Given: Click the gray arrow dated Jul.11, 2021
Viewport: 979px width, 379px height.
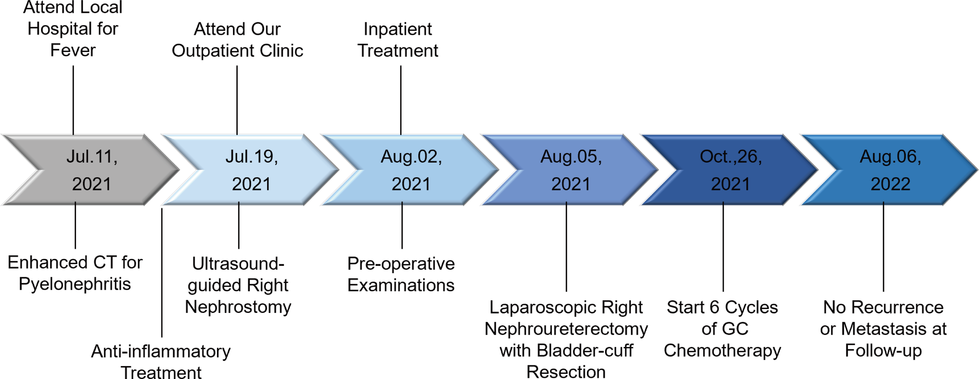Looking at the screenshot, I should pyautogui.click(x=92, y=170).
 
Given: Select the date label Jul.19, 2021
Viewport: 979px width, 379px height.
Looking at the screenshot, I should pyautogui.click(x=251, y=170).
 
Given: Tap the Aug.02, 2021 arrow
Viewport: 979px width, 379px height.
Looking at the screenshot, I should pyautogui.click(x=411, y=170).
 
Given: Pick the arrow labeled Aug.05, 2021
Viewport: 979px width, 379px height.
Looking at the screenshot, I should pyautogui.click(x=571, y=170).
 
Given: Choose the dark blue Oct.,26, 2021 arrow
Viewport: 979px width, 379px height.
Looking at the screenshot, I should pyautogui.click(x=730, y=170).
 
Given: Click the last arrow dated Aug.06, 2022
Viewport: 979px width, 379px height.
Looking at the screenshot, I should pyautogui.click(x=890, y=170).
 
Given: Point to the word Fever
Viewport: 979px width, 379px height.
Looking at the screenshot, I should pyautogui.click(x=73, y=50).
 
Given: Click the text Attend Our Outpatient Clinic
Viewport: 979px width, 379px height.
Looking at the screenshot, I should pyautogui.click(x=237, y=40).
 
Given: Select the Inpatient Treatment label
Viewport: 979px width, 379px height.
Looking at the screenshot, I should pyautogui.click(x=397, y=40).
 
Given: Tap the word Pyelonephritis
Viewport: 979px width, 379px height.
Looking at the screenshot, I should pyautogui.click(x=75, y=284).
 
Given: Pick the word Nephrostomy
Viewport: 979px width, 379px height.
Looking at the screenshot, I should pyautogui.click(x=238, y=307).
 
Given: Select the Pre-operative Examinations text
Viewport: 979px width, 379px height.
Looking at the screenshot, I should pyautogui.click(x=401, y=274).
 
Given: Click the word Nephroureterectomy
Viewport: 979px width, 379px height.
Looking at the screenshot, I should pyautogui.click(x=566, y=329).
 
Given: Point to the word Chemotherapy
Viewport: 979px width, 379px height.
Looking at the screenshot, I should pyautogui.click(x=722, y=350).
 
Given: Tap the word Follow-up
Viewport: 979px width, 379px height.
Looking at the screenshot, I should pyautogui.click(x=883, y=350).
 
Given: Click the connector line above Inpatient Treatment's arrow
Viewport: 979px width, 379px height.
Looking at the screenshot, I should pyautogui.click(x=401, y=100).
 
